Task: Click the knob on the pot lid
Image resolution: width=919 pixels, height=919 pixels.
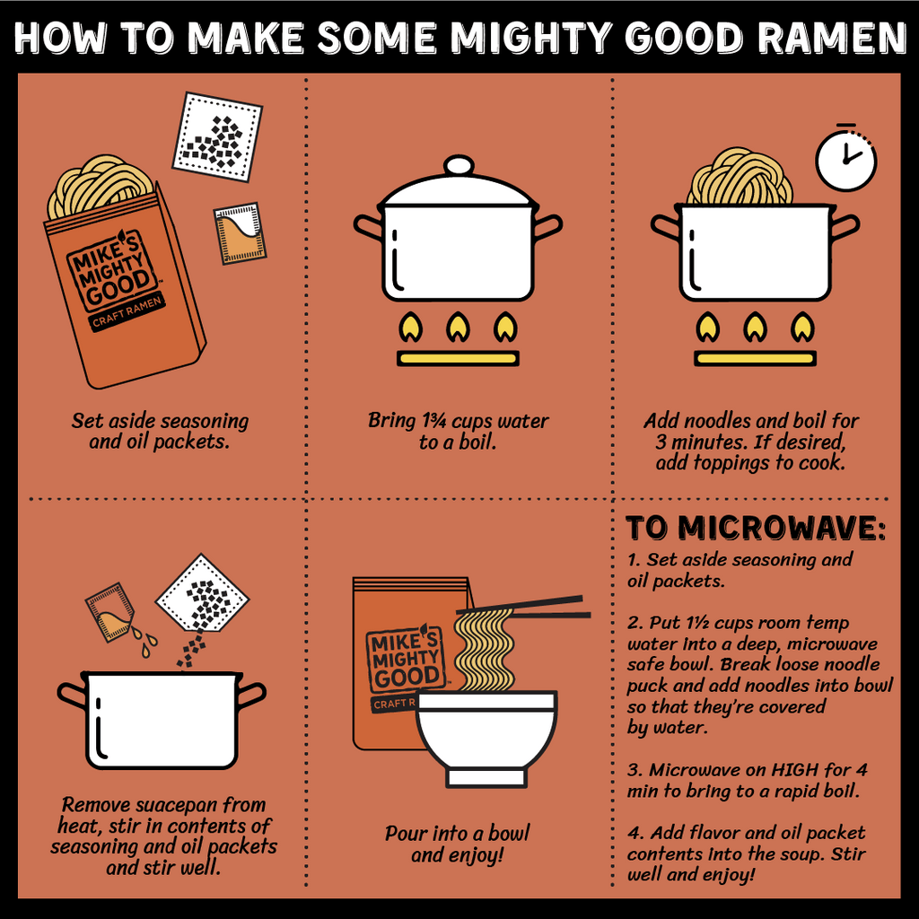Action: click(x=459, y=166)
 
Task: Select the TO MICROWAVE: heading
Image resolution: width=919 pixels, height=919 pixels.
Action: click(x=756, y=528)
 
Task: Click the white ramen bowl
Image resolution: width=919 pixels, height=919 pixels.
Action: click(x=486, y=739)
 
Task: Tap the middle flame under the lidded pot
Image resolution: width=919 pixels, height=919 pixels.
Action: click(x=458, y=328)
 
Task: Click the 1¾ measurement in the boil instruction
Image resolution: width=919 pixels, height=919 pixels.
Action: click(x=433, y=421)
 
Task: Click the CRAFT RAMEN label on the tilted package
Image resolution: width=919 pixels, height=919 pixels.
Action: click(x=127, y=311)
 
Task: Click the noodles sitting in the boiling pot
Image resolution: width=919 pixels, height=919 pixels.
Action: click(x=740, y=177)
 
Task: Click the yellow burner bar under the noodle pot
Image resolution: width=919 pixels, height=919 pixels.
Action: click(x=755, y=358)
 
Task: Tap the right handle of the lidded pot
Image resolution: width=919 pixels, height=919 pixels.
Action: click(x=549, y=226)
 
